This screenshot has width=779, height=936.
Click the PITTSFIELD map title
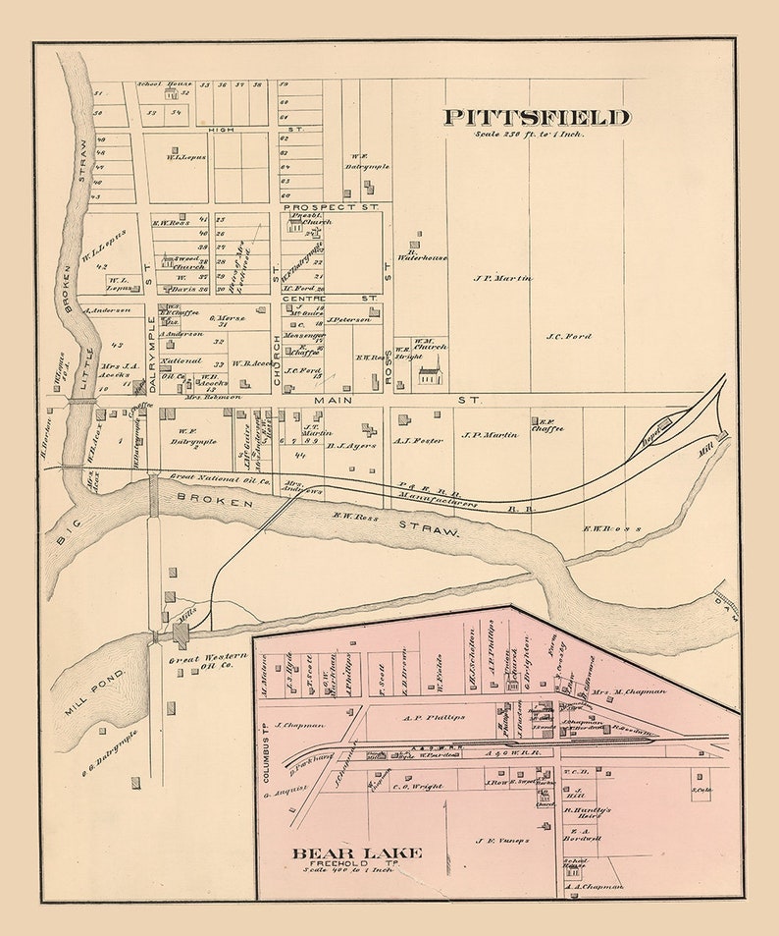[536, 118]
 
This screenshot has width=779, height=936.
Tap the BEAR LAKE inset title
[356, 853]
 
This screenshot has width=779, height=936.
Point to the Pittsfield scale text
[527, 135]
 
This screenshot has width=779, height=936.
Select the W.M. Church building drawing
[429, 375]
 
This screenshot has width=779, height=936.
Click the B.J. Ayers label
[350, 445]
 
